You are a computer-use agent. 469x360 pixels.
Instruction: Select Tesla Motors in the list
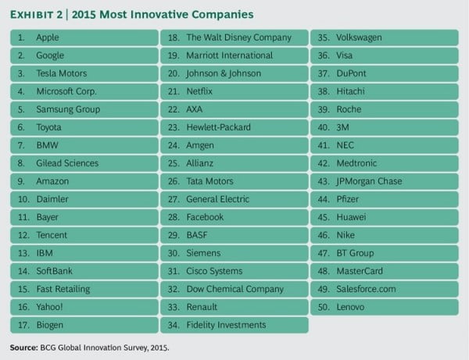point(62,73)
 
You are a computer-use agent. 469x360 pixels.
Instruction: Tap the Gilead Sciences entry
point(67,163)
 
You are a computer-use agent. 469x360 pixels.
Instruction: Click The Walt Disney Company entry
point(238,37)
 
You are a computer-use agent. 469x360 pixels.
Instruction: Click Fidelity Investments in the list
point(226,325)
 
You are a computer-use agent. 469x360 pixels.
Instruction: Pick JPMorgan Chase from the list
point(369,181)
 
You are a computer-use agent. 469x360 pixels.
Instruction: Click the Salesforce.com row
point(366,289)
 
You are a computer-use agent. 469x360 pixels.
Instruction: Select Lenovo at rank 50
point(350,307)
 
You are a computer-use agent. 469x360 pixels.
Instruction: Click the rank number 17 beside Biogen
point(22,325)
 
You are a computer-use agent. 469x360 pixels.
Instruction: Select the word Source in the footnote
point(25,347)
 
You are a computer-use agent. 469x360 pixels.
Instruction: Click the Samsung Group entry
point(68,109)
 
